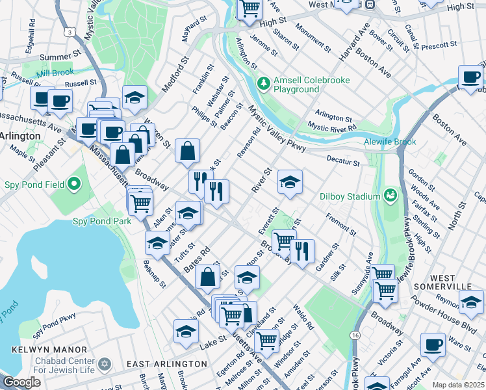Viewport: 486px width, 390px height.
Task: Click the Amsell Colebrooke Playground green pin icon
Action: pyautogui.click(x=263, y=83)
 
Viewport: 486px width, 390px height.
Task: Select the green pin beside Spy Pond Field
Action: pyautogui.click(x=74, y=185)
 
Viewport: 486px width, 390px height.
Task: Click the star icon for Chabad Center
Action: pyautogui.click(x=108, y=363)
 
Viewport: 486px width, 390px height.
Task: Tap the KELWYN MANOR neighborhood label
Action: pyautogui.click(x=41, y=349)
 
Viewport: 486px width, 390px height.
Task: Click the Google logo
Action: pyautogui.click(x=21, y=382)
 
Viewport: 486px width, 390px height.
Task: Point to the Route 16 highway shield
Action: pyautogui.click(x=355, y=335)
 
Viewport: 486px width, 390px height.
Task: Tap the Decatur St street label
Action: pyautogui.click(x=343, y=161)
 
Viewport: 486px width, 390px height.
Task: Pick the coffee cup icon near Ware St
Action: pyautogui.click(x=433, y=343)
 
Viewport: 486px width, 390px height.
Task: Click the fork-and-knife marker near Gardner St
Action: pyautogui.click(x=302, y=250)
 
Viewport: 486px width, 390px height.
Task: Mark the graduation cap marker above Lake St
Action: pyautogui.click(x=186, y=331)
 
